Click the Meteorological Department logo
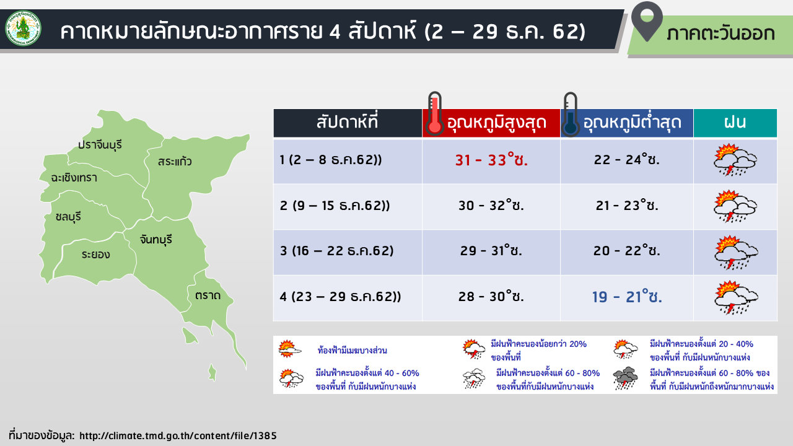point(24,28)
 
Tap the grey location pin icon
point(647,21)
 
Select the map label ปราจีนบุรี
point(100,145)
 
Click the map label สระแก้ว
point(175,162)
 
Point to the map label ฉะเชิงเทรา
point(74,177)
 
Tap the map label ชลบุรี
point(68,217)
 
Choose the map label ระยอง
point(95,254)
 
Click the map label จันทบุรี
point(156,240)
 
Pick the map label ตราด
point(208,295)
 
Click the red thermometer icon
point(435,113)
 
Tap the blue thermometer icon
point(571,115)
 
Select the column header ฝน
point(735,122)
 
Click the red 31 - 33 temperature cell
point(491,160)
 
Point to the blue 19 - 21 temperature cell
point(627,297)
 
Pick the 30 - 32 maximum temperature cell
point(491,205)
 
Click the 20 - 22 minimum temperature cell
point(626,251)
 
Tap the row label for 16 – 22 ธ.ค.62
point(336,251)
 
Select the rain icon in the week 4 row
point(735,297)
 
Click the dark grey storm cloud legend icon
point(625,378)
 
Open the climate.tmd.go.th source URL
point(178,435)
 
